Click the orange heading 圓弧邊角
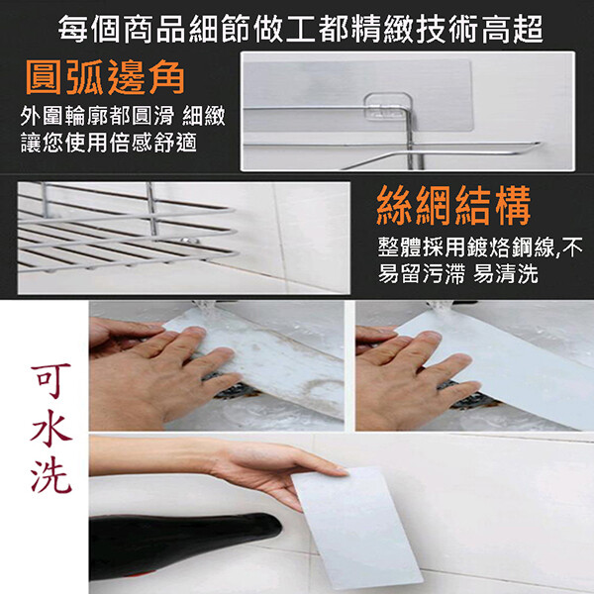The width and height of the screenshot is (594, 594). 105,77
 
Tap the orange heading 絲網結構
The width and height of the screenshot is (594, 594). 453,206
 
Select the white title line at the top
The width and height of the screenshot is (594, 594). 301,29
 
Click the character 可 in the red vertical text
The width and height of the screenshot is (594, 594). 51,381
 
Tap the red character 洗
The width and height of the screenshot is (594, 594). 51,474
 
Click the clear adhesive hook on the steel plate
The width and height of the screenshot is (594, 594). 388,107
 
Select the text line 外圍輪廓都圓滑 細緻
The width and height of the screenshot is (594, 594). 123,116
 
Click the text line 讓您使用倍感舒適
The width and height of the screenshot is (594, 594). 109,144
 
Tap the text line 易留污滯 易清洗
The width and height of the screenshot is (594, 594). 458,273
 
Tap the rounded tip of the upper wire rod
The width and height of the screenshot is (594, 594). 538,144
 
